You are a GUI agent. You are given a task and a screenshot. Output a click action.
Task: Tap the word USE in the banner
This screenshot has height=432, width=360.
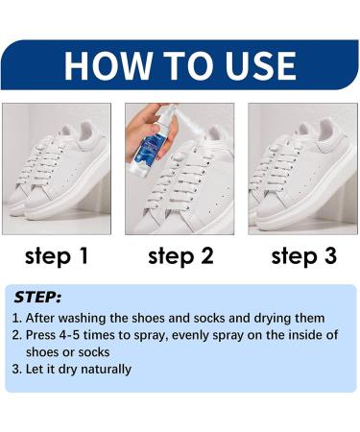point(260,65)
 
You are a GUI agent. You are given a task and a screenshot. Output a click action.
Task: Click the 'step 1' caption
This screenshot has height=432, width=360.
point(57,256)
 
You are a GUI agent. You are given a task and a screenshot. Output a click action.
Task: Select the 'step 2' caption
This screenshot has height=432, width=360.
point(180,256)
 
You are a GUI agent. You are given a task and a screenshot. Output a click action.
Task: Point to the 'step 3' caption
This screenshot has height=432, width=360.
point(304,256)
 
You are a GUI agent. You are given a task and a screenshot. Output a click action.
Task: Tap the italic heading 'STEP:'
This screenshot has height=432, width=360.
point(37,298)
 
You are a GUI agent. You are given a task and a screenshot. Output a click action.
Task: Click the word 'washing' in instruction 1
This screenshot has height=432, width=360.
point(83,319)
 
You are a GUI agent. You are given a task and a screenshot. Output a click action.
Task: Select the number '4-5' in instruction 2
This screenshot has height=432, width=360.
point(70,335)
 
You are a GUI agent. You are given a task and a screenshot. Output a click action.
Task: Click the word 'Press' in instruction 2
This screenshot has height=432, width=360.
point(40,335)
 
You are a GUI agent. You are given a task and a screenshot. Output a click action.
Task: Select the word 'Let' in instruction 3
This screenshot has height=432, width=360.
point(33,369)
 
